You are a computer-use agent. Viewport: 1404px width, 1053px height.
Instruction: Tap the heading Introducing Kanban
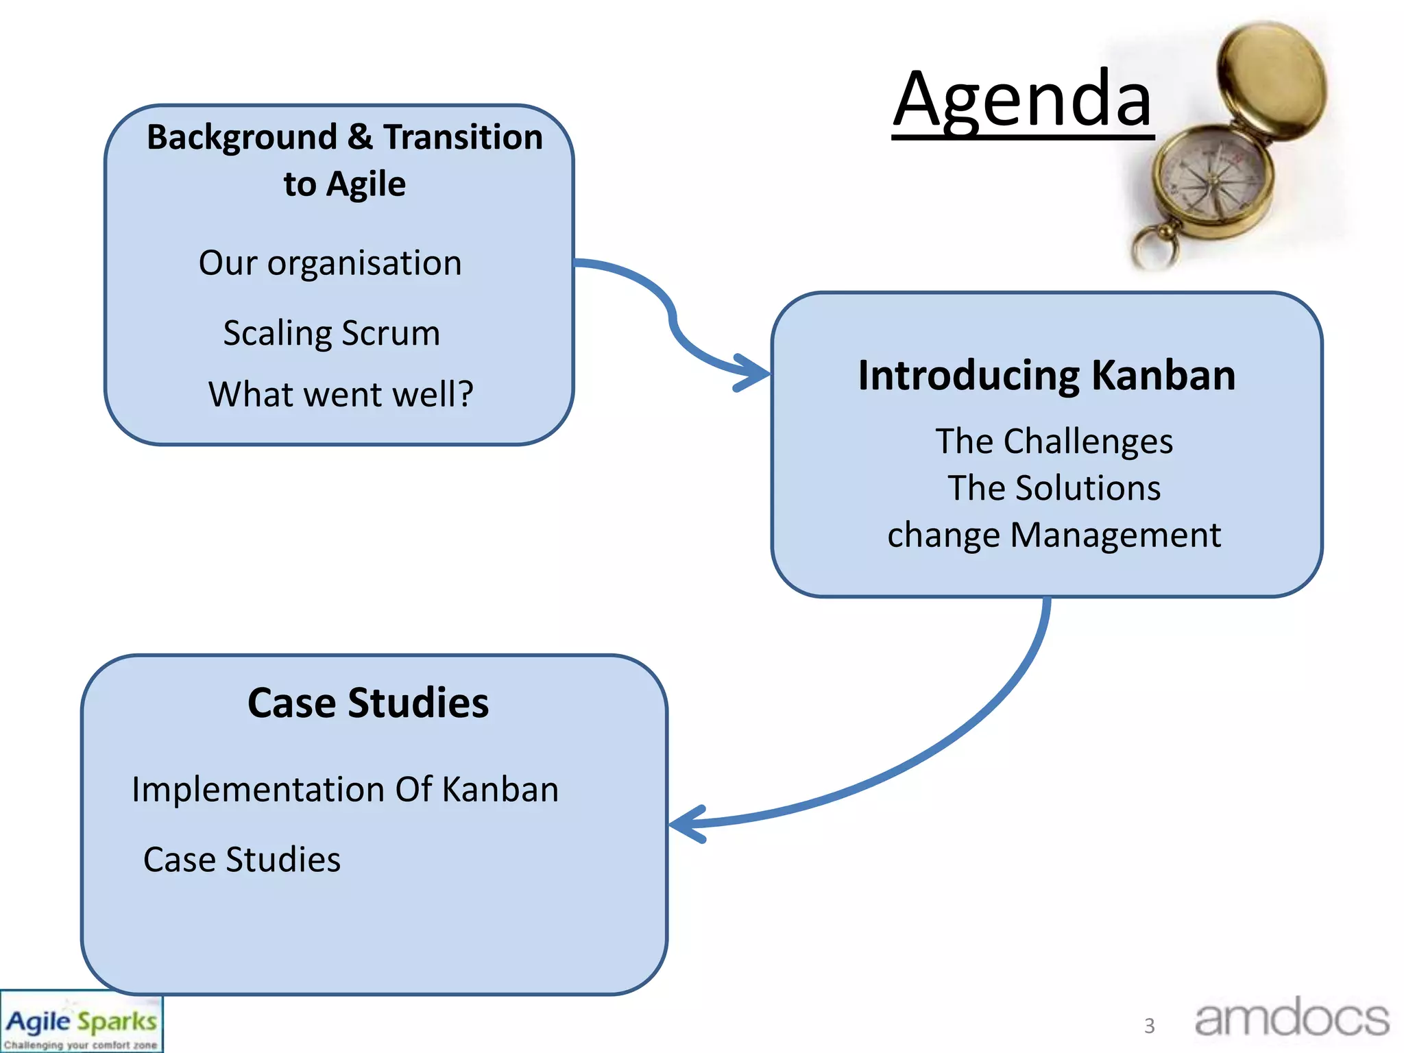tap(1046, 376)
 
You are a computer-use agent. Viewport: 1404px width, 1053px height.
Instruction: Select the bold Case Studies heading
tap(368, 703)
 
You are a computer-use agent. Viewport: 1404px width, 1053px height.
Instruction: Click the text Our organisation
tap(330, 263)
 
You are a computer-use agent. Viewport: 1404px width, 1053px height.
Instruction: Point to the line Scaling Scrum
tap(331, 333)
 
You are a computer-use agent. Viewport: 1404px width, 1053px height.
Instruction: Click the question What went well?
tap(341, 394)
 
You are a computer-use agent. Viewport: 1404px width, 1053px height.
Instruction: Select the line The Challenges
tap(1054, 441)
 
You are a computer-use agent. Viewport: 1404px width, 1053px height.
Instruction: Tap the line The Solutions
tap(1054, 488)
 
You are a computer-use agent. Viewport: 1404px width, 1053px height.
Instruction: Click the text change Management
tap(1054, 535)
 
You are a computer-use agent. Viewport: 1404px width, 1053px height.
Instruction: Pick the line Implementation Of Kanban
tap(345, 789)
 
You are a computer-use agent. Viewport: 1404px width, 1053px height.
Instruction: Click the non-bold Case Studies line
tap(241, 860)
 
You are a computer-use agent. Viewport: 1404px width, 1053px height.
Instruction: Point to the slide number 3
tap(1149, 1026)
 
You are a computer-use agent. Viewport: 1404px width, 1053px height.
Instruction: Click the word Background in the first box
tap(242, 137)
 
